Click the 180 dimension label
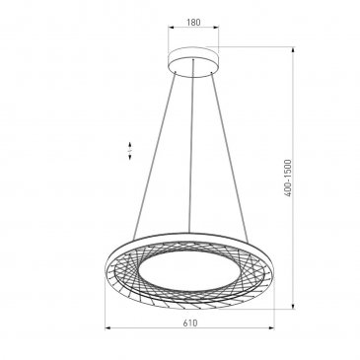click(x=193, y=23)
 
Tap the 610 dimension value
click(x=190, y=323)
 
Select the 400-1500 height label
click(x=288, y=178)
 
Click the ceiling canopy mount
click(x=193, y=62)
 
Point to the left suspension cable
click(x=154, y=155)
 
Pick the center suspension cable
click(x=191, y=146)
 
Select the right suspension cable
click(x=229, y=156)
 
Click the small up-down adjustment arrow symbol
click(x=130, y=151)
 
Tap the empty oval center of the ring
click(x=188, y=270)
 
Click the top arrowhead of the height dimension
click(x=293, y=50)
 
